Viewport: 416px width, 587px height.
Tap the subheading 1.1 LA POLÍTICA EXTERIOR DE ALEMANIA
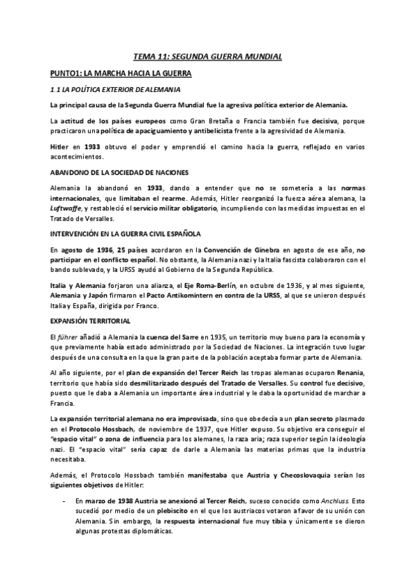pos(116,89)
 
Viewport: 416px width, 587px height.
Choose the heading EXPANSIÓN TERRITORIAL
pos(89,302)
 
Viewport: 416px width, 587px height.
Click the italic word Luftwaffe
pos(66,208)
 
